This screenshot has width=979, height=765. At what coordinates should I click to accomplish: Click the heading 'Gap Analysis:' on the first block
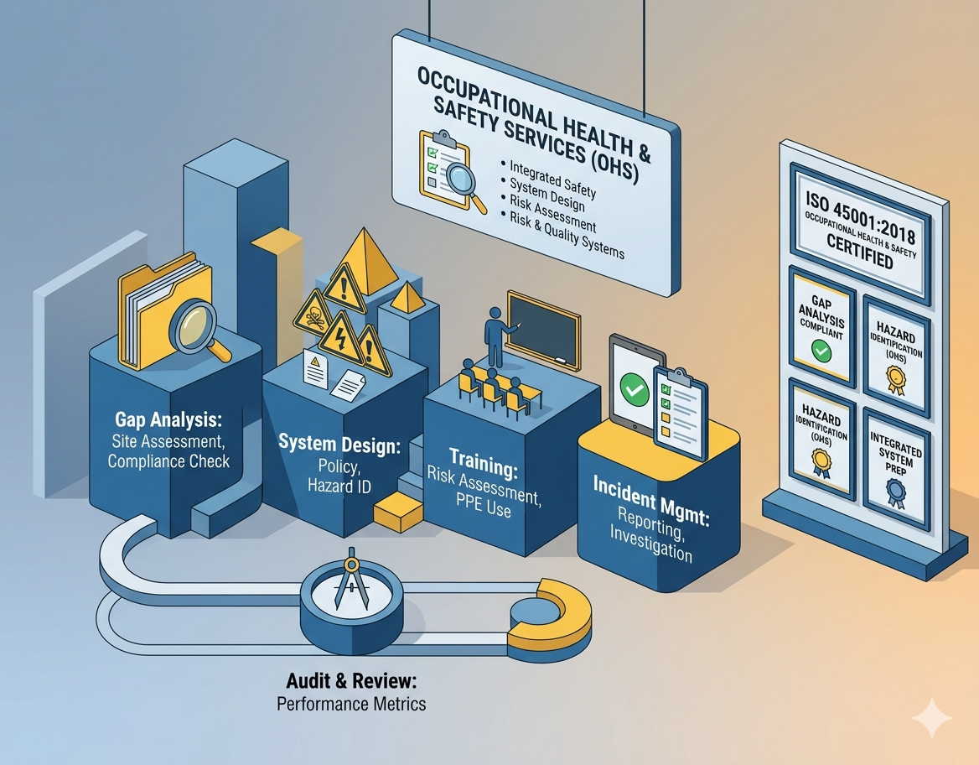click(168, 419)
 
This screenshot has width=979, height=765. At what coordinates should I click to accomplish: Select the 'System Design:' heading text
click(339, 445)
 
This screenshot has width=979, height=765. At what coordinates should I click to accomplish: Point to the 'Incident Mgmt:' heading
click(651, 500)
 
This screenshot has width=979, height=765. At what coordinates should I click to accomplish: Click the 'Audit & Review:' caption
click(351, 680)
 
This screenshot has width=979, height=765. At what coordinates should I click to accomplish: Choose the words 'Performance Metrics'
click(351, 704)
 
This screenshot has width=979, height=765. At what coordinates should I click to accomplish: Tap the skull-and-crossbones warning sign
click(313, 312)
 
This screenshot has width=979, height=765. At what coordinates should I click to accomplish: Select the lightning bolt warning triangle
click(340, 340)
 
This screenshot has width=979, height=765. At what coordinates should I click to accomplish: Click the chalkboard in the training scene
click(543, 330)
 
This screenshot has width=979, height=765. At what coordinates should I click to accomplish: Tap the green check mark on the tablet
click(635, 388)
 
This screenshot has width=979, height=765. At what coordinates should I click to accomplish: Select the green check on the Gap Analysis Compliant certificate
click(821, 351)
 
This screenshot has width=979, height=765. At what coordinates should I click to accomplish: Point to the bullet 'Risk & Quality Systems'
click(567, 235)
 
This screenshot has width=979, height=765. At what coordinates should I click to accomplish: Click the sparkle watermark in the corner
click(932, 718)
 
